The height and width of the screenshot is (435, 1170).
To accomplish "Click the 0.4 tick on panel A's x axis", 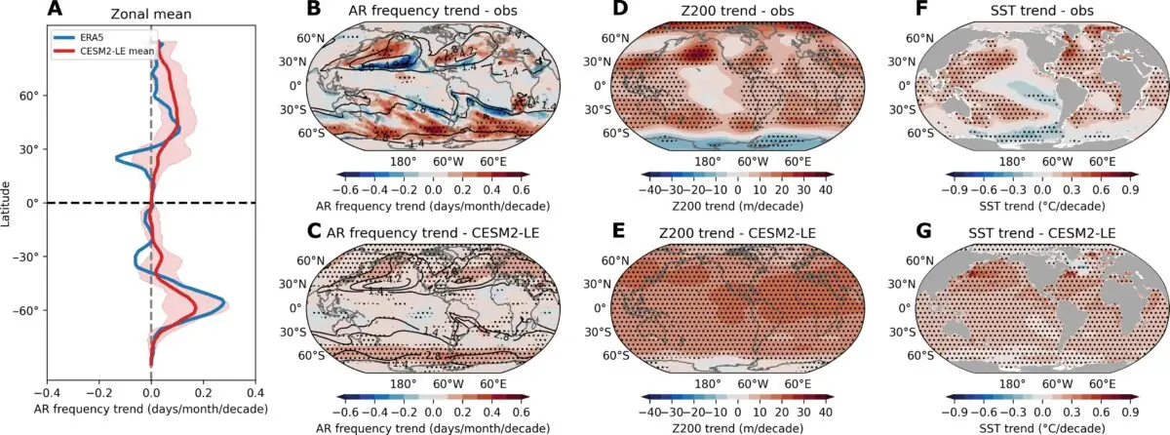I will pyautogui.click(x=254, y=388).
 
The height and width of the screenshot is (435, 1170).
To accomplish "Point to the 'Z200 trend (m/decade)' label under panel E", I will pyautogui.click(x=737, y=426).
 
